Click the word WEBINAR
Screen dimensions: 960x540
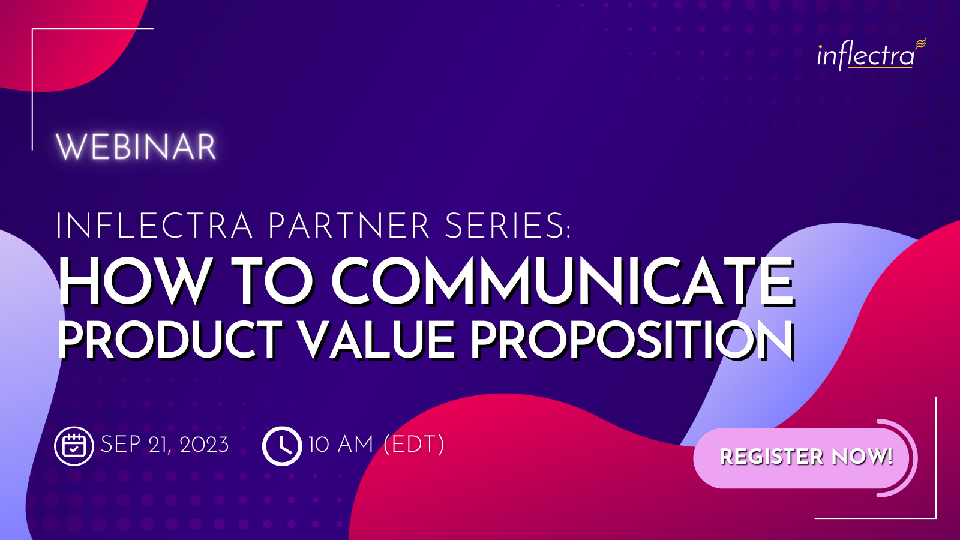coord(136,147)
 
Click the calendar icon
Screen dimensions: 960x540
coord(74,446)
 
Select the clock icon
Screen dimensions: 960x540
coord(282,446)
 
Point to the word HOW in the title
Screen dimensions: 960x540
coord(134,282)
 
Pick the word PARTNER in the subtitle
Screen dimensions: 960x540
coord(349,226)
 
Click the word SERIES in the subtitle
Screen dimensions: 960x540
coord(508,226)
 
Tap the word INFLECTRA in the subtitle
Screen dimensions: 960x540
coord(154,226)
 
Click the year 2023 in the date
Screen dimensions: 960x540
coord(205,445)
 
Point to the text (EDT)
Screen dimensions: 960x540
coord(414,445)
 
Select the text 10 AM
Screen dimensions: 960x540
coord(341,445)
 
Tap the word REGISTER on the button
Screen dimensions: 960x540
coord(772,457)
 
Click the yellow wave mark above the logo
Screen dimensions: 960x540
coord(921,43)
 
